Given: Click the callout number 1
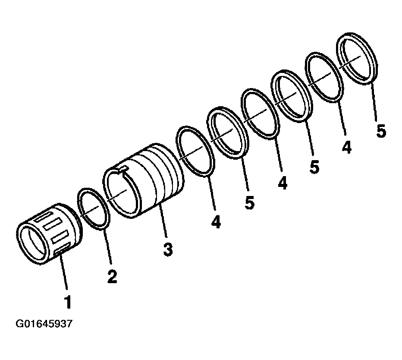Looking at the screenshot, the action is [x=68, y=302].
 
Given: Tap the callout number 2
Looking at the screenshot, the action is [x=112, y=276].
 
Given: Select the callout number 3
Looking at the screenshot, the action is [x=168, y=249].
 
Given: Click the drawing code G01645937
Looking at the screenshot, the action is [x=44, y=324].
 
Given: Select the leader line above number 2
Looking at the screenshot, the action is [x=108, y=247].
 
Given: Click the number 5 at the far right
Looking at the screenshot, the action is [x=381, y=131].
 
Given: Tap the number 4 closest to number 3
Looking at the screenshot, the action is [x=216, y=222].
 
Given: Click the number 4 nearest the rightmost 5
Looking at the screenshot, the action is [x=346, y=147].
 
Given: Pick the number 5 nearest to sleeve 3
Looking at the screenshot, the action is [x=249, y=202].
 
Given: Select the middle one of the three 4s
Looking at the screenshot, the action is [x=282, y=183].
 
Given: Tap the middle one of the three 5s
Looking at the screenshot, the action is [x=314, y=167].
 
